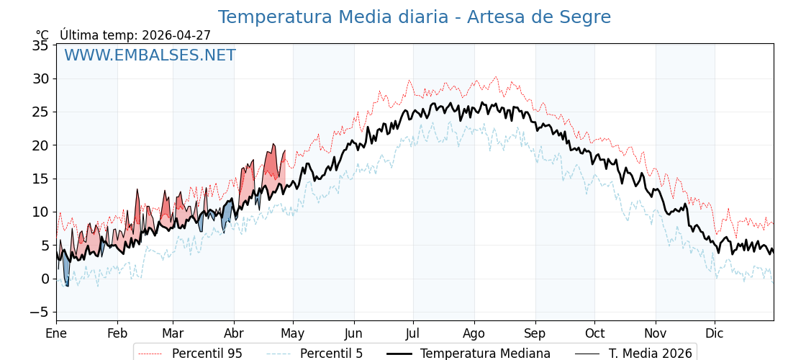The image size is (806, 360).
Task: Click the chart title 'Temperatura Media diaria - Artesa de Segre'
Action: click(414, 17)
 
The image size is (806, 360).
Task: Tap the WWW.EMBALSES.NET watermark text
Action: click(150, 55)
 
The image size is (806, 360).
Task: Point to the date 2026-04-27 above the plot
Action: click(176, 35)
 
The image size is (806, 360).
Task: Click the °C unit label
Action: click(42, 35)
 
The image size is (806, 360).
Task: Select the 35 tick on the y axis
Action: click(41, 45)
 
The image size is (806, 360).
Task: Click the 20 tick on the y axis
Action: click(41, 145)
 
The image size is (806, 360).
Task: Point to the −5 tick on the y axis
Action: click(39, 312)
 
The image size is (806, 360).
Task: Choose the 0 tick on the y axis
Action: click(45, 279)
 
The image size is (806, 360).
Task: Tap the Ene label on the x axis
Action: click(56, 333)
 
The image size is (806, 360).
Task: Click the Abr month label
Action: click(234, 333)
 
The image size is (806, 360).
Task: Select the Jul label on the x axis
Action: click(413, 333)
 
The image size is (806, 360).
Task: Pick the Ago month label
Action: click(474, 333)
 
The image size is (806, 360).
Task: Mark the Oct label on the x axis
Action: click(594, 333)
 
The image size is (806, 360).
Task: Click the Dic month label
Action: click(715, 333)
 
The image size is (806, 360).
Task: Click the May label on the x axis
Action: click(293, 333)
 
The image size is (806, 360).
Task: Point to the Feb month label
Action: click(117, 333)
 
